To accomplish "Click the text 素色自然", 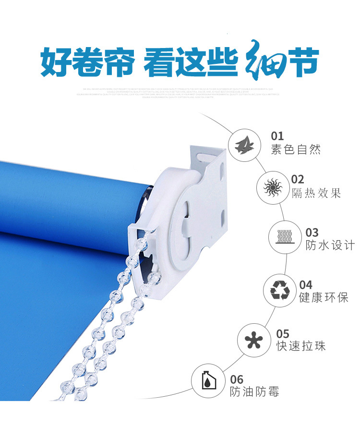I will (x=296, y=150).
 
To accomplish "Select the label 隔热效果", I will (x=316, y=194).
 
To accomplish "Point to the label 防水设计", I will (x=330, y=245).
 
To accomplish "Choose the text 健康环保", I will (x=324, y=298).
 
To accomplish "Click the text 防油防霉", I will (x=254, y=392).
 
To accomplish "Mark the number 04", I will (x=306, y=284).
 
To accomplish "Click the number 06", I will (x=237, y=379).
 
